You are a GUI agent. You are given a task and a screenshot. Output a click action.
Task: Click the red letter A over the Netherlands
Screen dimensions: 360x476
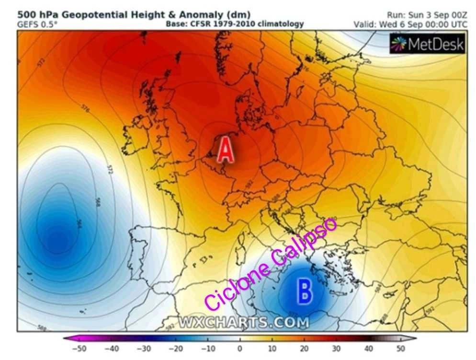point(226,150)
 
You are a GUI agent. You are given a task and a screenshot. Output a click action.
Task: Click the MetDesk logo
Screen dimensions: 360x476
point(427,44)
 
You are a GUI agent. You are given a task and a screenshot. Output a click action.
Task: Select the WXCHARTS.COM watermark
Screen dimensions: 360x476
point(243,323)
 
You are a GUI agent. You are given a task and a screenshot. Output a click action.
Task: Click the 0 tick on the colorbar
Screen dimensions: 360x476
point(239,348)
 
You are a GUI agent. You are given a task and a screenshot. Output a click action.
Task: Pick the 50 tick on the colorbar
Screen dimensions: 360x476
point(400,348)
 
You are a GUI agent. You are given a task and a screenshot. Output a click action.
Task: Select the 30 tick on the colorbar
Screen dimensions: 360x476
point(336,348)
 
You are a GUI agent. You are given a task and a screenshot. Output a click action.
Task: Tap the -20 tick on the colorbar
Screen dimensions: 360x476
point(175,348)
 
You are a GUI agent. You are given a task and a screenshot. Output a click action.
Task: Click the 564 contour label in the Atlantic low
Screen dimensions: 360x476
point(79,224)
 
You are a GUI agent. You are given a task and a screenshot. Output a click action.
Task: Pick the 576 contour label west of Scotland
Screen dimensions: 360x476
point(85,108)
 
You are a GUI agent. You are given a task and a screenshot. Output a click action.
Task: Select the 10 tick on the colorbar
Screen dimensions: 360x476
point(271,348)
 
